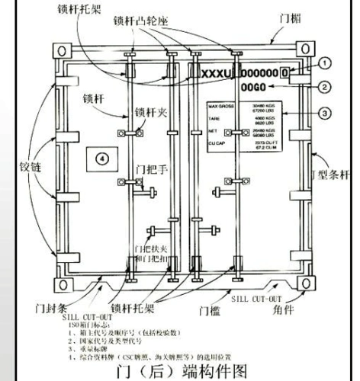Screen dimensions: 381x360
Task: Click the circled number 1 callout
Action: tap(325, 63)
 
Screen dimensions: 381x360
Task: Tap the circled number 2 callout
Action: tap(325, 87)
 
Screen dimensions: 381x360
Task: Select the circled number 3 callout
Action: tap(325, 114)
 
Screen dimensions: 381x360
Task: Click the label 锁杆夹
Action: tap(153, 114)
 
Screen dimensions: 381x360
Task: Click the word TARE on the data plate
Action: tap(214, 119)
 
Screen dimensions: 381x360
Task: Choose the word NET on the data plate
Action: tap(213, 130)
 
